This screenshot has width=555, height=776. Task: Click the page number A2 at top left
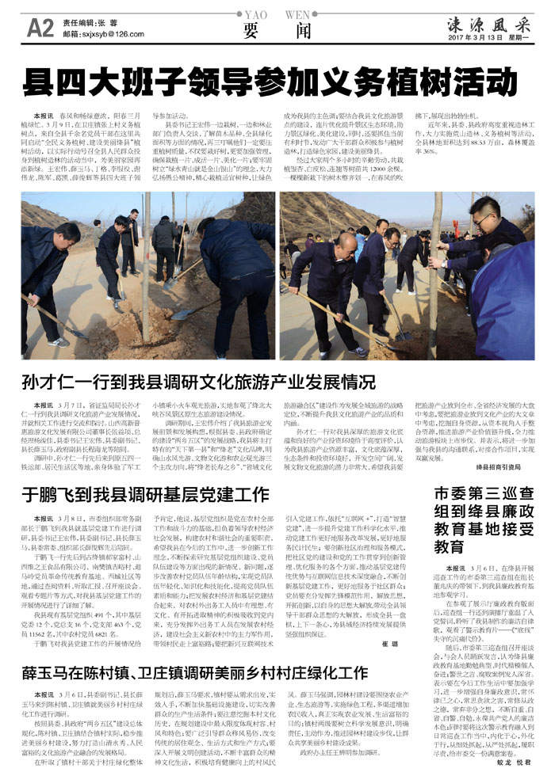[39, 28]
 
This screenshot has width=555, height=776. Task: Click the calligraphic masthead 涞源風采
[487, 20]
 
